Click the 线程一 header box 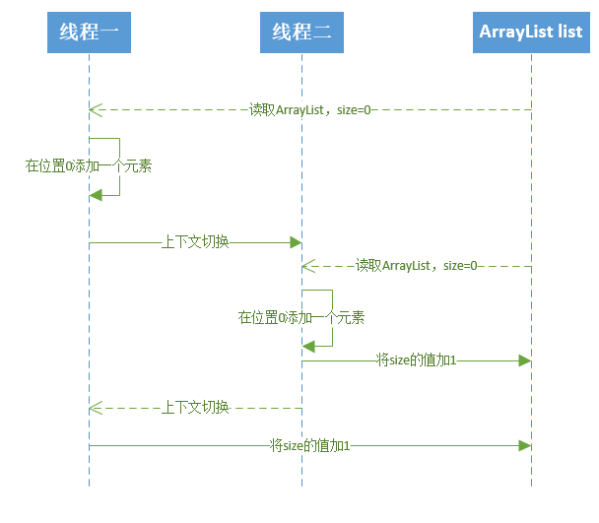(x=89, y=33)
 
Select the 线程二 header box (x=301, y=33)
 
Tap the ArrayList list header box (x=531, y=33)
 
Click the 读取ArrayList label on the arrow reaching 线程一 (x=310, y=109)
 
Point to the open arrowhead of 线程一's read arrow (x=93, y=109)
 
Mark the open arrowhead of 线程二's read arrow (x=306, y=265)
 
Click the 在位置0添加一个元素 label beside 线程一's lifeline (x=89, y=166)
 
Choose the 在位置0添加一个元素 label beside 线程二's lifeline (x=301, y=317)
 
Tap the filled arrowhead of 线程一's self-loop (x=95, y=195)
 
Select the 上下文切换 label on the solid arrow (x=195, y=241)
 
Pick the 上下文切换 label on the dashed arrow (x=195, y=407)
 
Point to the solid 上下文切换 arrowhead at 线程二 (x=295, y=241)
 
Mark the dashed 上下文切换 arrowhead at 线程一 (x=93, y=407)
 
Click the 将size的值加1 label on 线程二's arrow (x=417, y=360)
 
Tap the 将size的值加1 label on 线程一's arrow (x=310, y=446)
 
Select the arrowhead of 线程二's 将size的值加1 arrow (x=525, y=360)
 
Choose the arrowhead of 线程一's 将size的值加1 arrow (x=525, y=446)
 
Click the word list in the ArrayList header (x=569, y=33)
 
